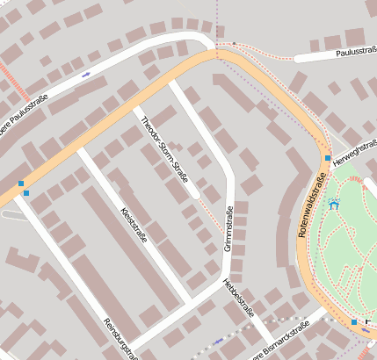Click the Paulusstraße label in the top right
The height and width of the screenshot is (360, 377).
pyautogui.click(x=355, y=53)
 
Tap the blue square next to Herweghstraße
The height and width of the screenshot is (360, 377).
pyautogui.click(x=327, y=158)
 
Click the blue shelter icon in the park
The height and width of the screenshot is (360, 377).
pyautogui.click(x=333, y=204)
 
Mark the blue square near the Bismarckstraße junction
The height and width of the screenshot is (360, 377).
pyautogui.click(x=354, y=322)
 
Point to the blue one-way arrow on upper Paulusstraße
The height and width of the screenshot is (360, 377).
pyautogui.click(x=86, y=75)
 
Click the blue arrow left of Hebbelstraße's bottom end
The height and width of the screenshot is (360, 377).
pyautogui.click(x=218, y=341)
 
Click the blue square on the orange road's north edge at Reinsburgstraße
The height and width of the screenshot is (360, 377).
pyautogui.click(x=21, y=183)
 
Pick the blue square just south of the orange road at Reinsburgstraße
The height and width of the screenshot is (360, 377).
pyautogui.click(x=27, y=193)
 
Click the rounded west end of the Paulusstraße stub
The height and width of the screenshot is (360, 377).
pyautogui.click(x=298, y=59)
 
